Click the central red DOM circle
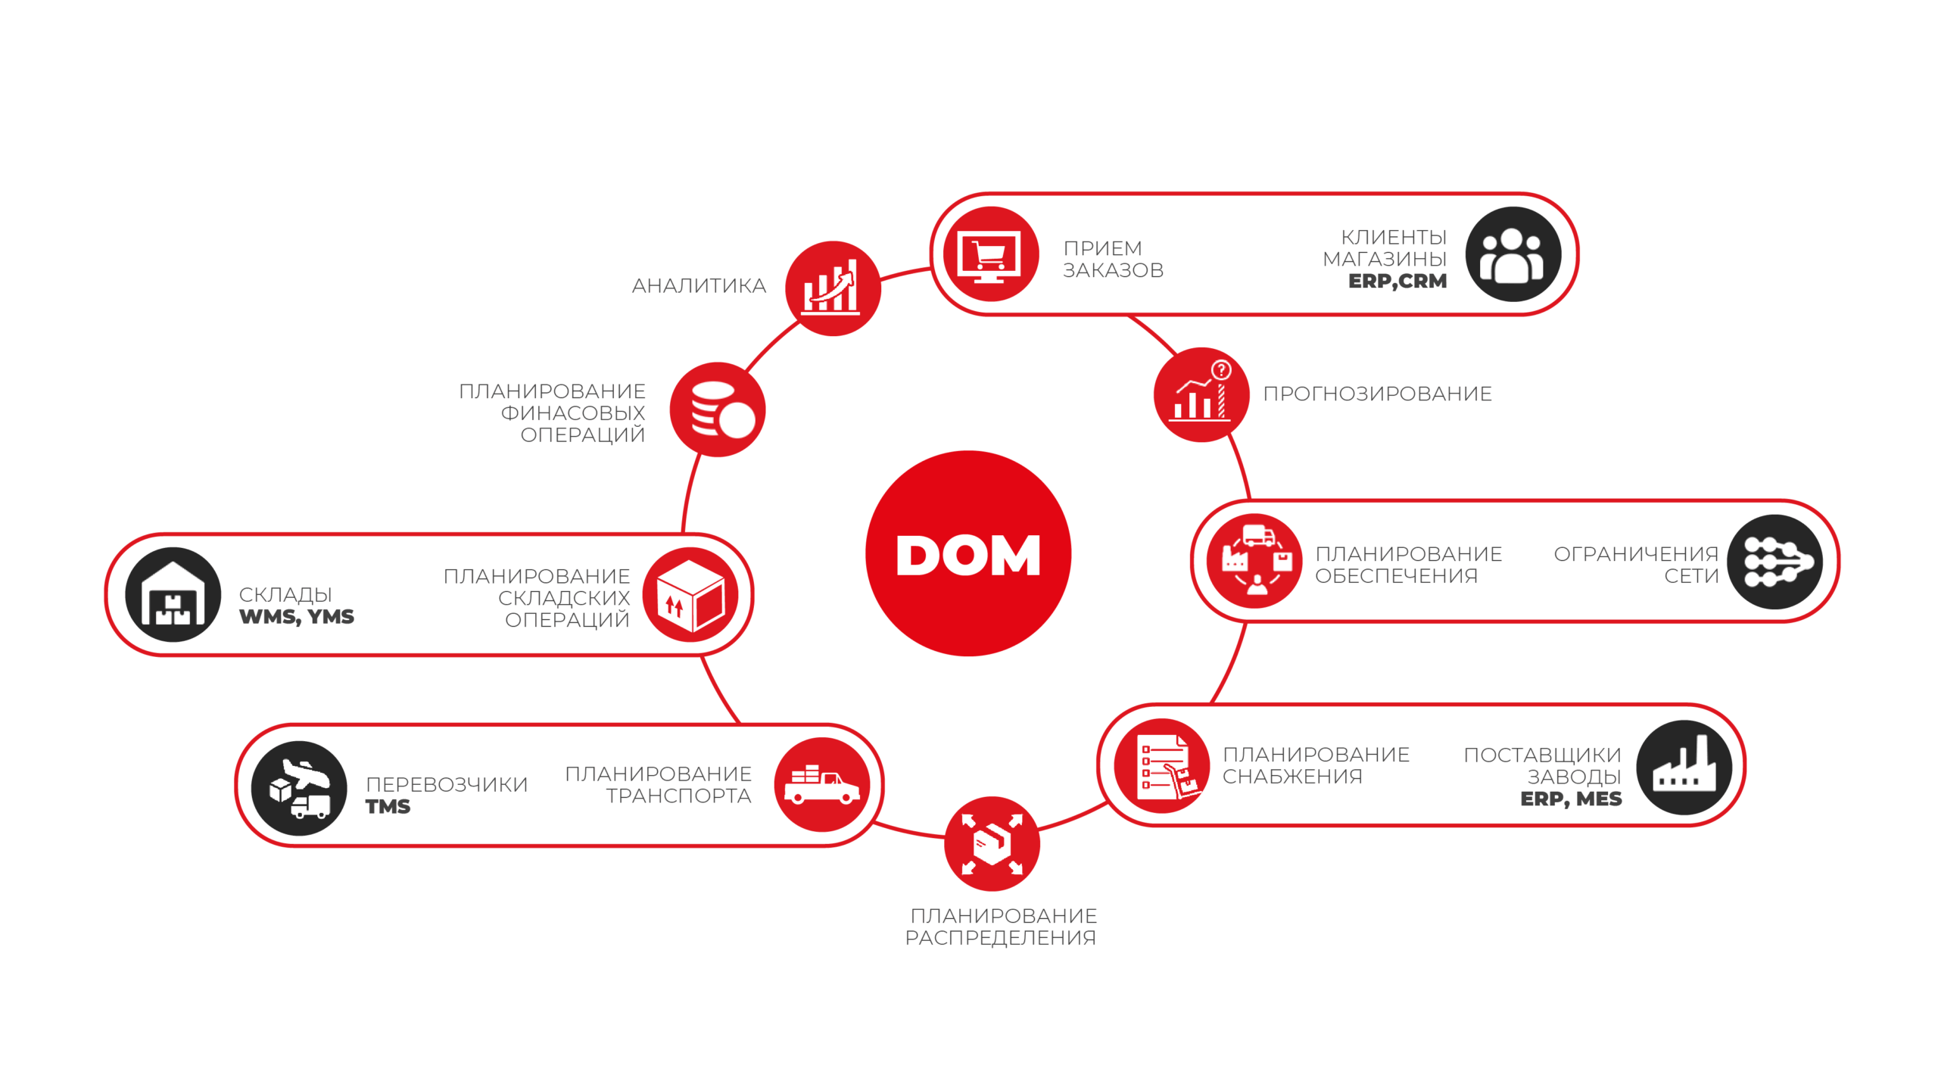[x=968, y=553]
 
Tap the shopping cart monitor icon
[x=991, y=254]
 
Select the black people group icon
[x=1513, y=254]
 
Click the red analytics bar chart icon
[x=833, y=288]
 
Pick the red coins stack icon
[x=718, y=410]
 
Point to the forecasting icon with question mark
[x=1201, y=394]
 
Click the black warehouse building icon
[x=173, y=595]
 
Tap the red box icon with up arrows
[x=690, y=595]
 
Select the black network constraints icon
[x=1775, y=562]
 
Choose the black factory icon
[x=1684, y=768]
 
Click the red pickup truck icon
[x=822, y=785]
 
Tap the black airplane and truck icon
[x=299, y=788]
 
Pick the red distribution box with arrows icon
[x=992, y=843]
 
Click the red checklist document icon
[x=1162, y=766]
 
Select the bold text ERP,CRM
[x=1397, y=282]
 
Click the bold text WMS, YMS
[x=297, y=617]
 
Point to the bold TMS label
[x=388, y=807]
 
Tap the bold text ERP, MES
[x=1571, y=799]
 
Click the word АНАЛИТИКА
[x=699, y=286]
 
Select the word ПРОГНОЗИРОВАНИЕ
[x=1377, y=394]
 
